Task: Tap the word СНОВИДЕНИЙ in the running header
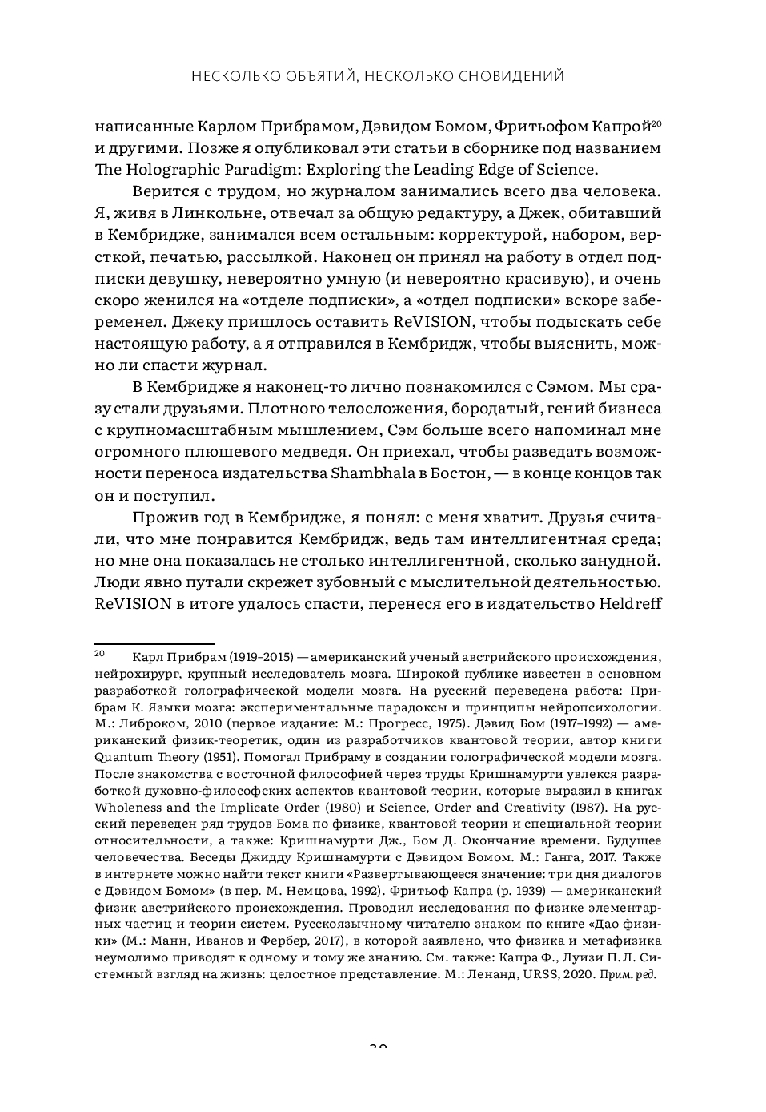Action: [511, 76]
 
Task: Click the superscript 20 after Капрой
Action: [656, 123]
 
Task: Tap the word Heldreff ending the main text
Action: [629, 603]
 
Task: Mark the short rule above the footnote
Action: [154, 643]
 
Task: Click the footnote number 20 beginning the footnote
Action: [100, 653]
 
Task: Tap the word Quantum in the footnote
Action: [122, 757]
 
